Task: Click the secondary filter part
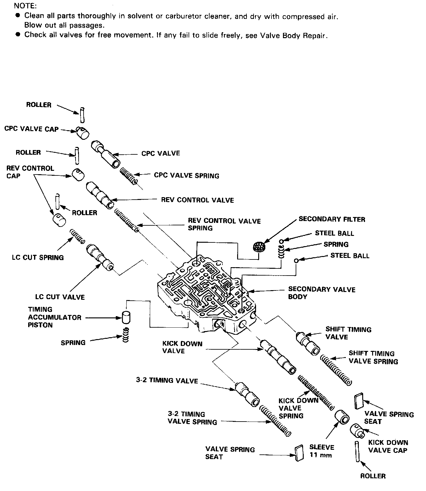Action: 259,246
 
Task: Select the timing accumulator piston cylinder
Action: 126,317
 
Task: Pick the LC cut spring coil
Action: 77,236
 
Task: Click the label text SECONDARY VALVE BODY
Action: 321,293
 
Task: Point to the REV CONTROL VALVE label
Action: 197,200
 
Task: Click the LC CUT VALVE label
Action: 60,297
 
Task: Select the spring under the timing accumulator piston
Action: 125,335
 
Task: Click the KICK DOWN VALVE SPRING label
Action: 298,408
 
